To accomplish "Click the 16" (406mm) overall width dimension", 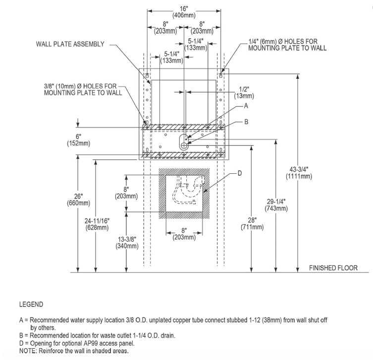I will [184, 11].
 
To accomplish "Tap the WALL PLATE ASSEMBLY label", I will [70, 44].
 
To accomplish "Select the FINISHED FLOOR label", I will [333, 268].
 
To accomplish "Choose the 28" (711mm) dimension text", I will [253, 224].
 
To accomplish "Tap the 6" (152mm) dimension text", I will [78, 140].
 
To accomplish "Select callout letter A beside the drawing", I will [246, 106].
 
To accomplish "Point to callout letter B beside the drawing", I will [246, 121].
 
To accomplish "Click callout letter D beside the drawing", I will [240, 173].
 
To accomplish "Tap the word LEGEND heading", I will [31, 305].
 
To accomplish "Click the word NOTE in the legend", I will [28, 351].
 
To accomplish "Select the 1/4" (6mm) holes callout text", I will [283, 45].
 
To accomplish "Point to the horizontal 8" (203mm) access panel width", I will [184, 234].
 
